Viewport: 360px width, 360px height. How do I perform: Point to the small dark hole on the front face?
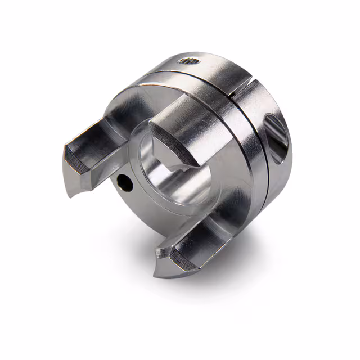[x=123, y=182]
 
